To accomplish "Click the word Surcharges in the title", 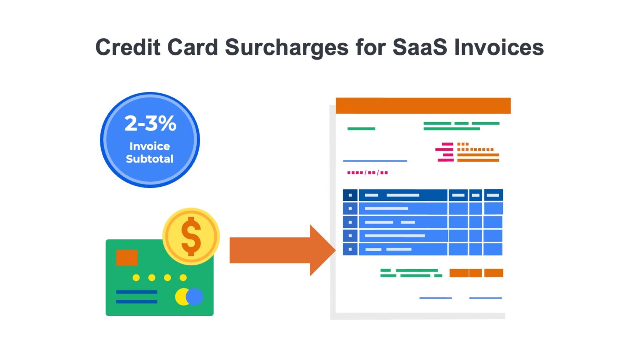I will tap(286, 47).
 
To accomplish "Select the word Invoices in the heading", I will tap(499, 47).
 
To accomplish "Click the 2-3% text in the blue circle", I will tap(150, 123).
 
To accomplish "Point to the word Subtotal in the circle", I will tap(150, 159).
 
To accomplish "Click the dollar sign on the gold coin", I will tap(191, 236).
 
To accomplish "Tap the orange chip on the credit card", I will tap(127, 257).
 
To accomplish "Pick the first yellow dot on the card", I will tap(136, 277).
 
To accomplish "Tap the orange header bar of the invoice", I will tap(423, 105).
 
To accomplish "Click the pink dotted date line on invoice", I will tap(367, 172).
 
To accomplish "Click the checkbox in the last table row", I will tap(350, 249).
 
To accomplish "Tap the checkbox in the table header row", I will tap(350, 195).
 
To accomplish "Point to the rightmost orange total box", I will tap(494, 273).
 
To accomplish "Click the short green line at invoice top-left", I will tap(361, 129).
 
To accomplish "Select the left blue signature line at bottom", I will tap(435, 298).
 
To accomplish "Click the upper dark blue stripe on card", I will tap(137, 292).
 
